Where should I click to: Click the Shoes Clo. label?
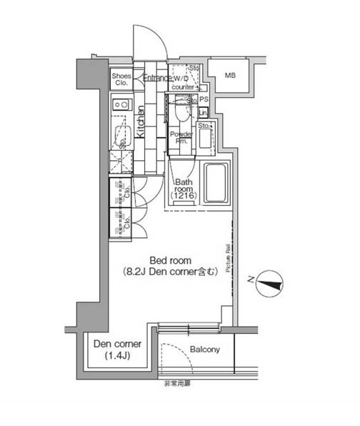[x=120, y=78]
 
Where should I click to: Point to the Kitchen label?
[x=141, y=122]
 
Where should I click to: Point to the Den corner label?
[x=118, y=345]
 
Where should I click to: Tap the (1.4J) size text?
[x=118, y=355]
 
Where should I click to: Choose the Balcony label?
[x=204, y=350]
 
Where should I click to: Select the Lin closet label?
[x=203, y=113]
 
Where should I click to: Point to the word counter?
[x=182, y=87]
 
